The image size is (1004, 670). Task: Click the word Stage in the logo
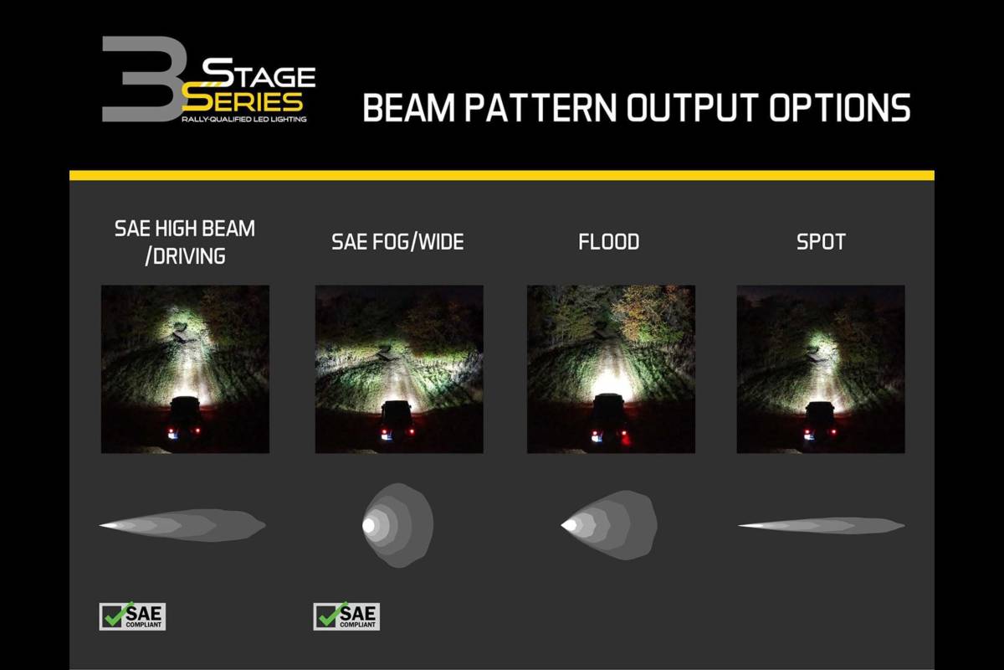[x=259, y=74]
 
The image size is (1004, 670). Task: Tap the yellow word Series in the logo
[x=243, y=101]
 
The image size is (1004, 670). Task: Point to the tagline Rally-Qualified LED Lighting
[x=244, y=119]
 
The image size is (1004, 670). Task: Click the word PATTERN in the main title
[x=540, y=108]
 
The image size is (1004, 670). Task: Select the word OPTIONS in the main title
[x=839, y=108]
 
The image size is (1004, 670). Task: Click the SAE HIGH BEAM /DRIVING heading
[x=185, y=242]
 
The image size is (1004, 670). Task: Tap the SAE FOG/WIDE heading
[x=398, y=242]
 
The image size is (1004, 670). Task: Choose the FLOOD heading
[x=609, y=242]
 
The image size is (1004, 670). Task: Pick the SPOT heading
[x=821, y=242]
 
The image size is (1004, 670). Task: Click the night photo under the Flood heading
[x=611, y=369]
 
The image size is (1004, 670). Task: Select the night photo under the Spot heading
[x=821, y=369]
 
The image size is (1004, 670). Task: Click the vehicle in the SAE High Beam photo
[x=185, y=418]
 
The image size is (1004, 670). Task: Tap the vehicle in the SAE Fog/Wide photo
[x=397, y=421]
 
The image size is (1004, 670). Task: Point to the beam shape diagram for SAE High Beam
[x=182, y=525]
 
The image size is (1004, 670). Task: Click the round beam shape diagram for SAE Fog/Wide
[x=398, y=525]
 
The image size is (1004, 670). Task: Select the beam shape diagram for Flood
[x=609, y=525]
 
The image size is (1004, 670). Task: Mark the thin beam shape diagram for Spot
[x=821, y=525]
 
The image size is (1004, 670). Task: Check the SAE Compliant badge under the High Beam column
[x=132, y=616]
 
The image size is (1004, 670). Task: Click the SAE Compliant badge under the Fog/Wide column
[x=346, y=616]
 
